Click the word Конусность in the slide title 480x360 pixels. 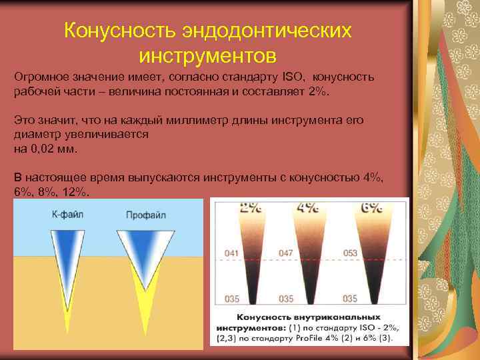[125, 31]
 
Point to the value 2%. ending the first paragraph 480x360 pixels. [320, 91]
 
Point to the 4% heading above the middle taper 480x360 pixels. [307, 207]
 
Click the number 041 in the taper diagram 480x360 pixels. [233, 253]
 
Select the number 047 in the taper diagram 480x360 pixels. [286, 253]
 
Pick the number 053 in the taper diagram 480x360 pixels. [351, 253]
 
